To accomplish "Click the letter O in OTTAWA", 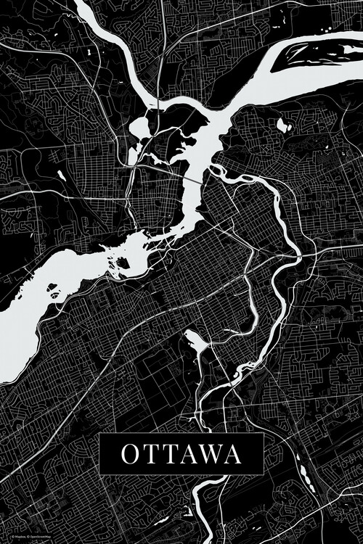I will (x=129, y=454).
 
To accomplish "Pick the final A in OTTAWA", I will (x=232, y=454).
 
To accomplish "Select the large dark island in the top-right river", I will (x=319, y=52).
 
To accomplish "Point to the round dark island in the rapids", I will (x=123, y=263).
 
